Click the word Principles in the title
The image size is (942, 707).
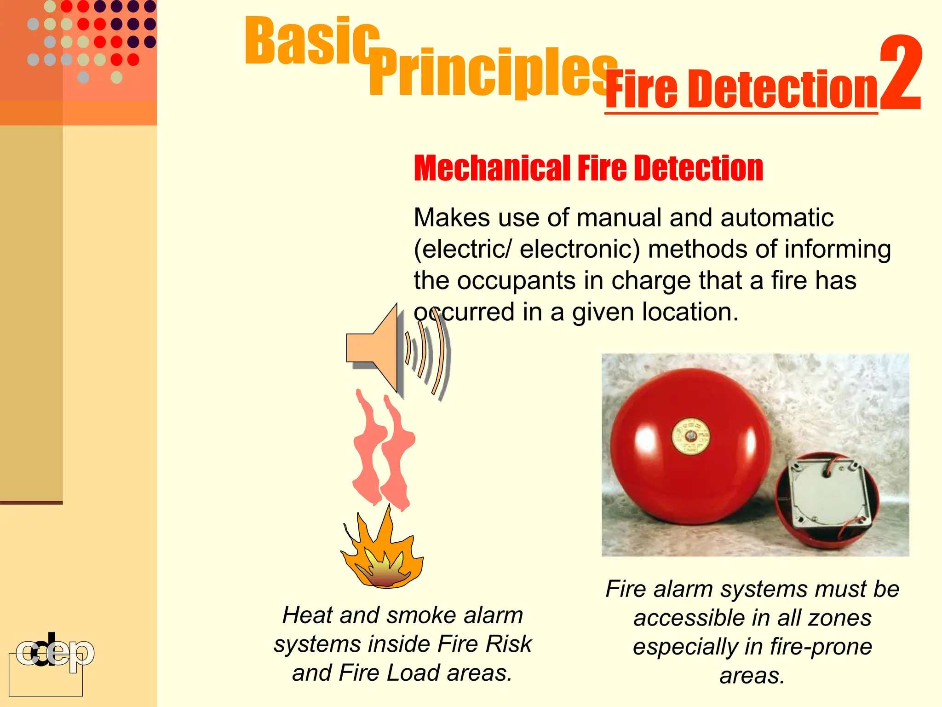[x=492, y=74]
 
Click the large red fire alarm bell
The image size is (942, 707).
[x=690, y=446]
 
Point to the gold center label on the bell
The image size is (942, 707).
[x=690, y=436]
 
